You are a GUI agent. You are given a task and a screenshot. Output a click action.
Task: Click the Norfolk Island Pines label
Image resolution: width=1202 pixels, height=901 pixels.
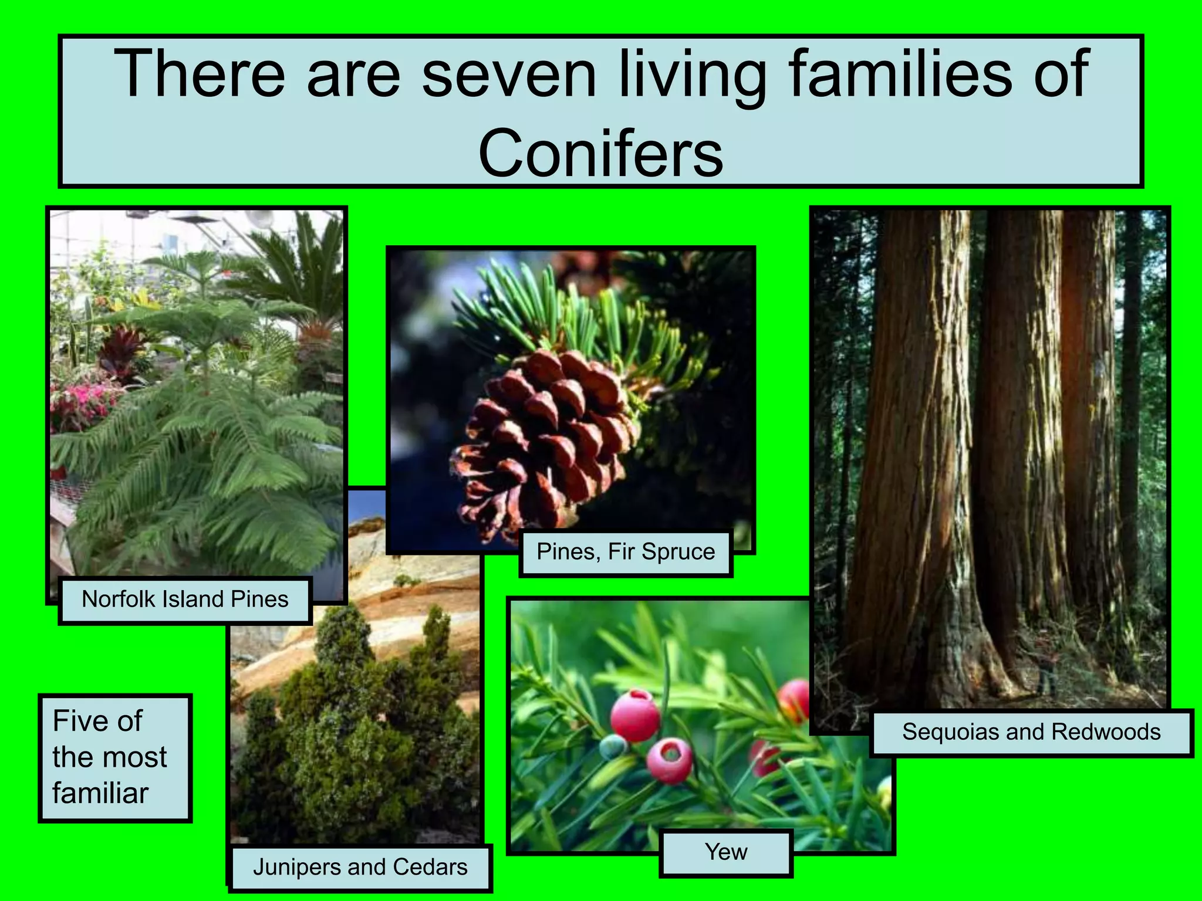184,599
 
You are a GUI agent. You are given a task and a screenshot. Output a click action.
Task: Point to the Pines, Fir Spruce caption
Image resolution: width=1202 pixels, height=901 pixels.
626,552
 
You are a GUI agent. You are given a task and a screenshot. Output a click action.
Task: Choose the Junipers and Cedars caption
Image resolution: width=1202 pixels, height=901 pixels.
360,867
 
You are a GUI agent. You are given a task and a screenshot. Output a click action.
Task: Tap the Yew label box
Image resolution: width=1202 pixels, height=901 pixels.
726,852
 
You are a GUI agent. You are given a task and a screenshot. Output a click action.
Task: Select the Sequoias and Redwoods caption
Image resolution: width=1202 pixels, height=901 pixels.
1031,732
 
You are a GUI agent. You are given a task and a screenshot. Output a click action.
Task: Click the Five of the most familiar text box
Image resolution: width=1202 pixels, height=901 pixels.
115,757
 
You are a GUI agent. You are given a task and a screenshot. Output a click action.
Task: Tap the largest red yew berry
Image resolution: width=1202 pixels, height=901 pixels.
634,716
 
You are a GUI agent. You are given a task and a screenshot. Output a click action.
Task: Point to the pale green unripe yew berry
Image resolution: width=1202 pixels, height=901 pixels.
613,747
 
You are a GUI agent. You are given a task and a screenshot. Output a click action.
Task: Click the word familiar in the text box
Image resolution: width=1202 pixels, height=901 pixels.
100,793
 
